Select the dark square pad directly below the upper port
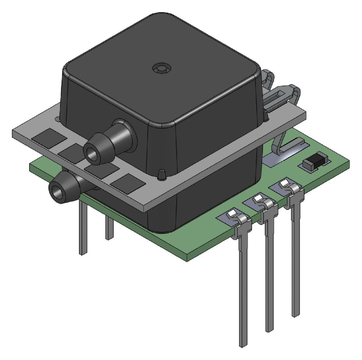72,152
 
